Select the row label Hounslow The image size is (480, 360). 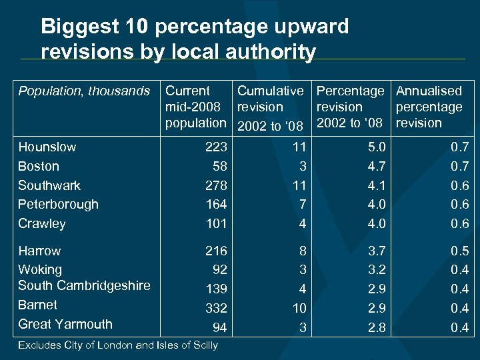click(x=47, y=147)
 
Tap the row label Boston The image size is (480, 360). click(x=39, y=166)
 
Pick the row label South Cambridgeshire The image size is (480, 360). click(x=84, y=285)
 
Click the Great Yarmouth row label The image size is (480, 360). click(x=65, y=324)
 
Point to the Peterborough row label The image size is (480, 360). click(x=58, y=204)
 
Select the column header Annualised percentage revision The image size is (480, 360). click(x=429, y=107)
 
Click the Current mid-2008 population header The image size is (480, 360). click(x=195, y=107)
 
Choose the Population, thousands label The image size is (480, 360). click(x=84, y=91)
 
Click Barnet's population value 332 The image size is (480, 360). click(x=216, y=308)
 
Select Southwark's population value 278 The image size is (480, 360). click(x=216, y=185)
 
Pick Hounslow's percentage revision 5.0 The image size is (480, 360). click(x=376, y=147)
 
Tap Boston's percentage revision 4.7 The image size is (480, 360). click(x=376, y=166)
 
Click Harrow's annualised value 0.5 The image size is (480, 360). click(x=460, y=251)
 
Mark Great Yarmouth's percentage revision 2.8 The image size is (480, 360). click(x=376, y=327)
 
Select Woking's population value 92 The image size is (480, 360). click(x=219, y=270)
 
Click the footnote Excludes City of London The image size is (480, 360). click(x=118, y=345)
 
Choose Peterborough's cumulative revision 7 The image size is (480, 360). click(x=302, y=204)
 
